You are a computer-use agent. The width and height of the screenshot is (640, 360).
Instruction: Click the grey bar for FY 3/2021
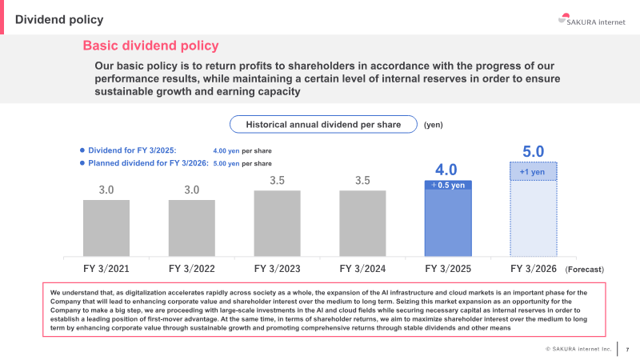tap(106, 228)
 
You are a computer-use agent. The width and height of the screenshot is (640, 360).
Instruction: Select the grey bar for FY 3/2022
tap(192, 228)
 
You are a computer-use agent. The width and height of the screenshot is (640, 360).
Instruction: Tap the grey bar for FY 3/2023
tap(278, 223)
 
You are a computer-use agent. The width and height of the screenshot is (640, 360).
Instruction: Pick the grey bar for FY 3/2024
tap(362, 223)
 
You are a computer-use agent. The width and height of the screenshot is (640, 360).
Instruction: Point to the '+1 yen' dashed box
tap(533, 171)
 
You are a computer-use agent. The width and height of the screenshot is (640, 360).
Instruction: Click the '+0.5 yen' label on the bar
tap(449, 185)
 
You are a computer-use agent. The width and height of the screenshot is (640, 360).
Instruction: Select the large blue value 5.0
tap(533, 151)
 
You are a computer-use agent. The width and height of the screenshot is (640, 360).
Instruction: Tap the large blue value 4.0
tap(446, 170)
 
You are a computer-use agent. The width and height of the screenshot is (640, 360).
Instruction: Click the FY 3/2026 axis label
tap(533, 269)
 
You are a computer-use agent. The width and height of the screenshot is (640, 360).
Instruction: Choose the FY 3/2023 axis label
tap(278, 269)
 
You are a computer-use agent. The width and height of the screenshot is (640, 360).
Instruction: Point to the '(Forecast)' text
tap(584, 270)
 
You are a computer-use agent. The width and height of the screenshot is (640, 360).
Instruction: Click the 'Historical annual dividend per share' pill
tap(322, 125)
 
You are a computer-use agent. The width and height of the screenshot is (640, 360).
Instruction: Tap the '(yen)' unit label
tap(434, 125)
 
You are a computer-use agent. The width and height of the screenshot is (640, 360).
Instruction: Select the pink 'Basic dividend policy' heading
tap(150, 46)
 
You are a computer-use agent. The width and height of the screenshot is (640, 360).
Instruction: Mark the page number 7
tap(627, 349)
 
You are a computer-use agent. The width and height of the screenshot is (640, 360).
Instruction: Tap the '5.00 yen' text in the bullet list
tap(226, 163)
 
